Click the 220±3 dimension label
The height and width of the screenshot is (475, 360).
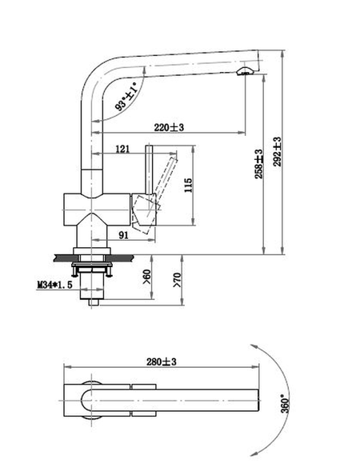click(169, 127)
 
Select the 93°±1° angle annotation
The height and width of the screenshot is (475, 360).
click(126, 97)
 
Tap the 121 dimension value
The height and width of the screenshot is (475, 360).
click(122, 149)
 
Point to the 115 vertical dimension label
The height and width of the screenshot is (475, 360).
click(188, 185)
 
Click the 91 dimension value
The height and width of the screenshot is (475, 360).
click(123, 235)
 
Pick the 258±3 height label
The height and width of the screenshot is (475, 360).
click(259, 164)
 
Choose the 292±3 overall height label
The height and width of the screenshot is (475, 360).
click(277, 151)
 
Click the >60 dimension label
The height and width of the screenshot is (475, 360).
click(146, 277)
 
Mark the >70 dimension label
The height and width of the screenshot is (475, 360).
click(177, 280)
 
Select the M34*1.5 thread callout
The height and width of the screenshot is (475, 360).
click(54, 285)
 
